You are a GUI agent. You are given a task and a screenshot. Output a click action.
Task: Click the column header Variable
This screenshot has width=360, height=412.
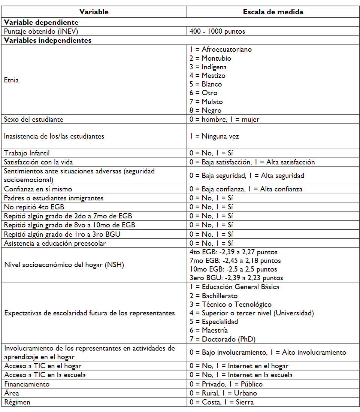click(94, 12)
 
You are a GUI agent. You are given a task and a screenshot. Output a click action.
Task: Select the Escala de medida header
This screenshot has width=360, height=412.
click(273, 12)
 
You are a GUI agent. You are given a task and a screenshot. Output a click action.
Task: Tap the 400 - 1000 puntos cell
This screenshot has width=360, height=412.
click(217, 31)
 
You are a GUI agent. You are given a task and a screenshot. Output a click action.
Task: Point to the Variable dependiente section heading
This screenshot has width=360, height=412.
click(41, 22)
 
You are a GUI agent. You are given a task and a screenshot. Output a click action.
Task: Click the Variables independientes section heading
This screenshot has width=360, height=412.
click(48, 40)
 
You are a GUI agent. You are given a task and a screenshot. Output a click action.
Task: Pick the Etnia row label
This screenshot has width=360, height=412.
click(11, 80)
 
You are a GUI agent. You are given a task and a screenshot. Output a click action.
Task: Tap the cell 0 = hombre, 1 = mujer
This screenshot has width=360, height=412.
click(224, 119)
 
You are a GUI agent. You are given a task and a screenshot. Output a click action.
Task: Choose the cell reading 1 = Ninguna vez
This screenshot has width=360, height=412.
click(214, 136)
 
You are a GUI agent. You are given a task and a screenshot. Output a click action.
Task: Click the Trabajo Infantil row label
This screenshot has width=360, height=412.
click(27, 153)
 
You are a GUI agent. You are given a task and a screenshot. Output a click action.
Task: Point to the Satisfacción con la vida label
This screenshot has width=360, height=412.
click(38, 162)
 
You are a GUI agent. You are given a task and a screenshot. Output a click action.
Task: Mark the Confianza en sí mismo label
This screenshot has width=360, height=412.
click(38, 189)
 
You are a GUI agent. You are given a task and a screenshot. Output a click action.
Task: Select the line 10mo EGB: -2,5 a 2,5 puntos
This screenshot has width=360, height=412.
click(233, 269)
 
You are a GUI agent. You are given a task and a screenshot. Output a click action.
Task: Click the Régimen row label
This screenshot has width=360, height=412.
click(17, 402)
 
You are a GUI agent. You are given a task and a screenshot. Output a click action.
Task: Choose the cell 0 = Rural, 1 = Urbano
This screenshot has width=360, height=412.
click(223, 393)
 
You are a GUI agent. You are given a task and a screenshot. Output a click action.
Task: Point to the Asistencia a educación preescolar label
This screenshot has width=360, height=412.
click(55, 243)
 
